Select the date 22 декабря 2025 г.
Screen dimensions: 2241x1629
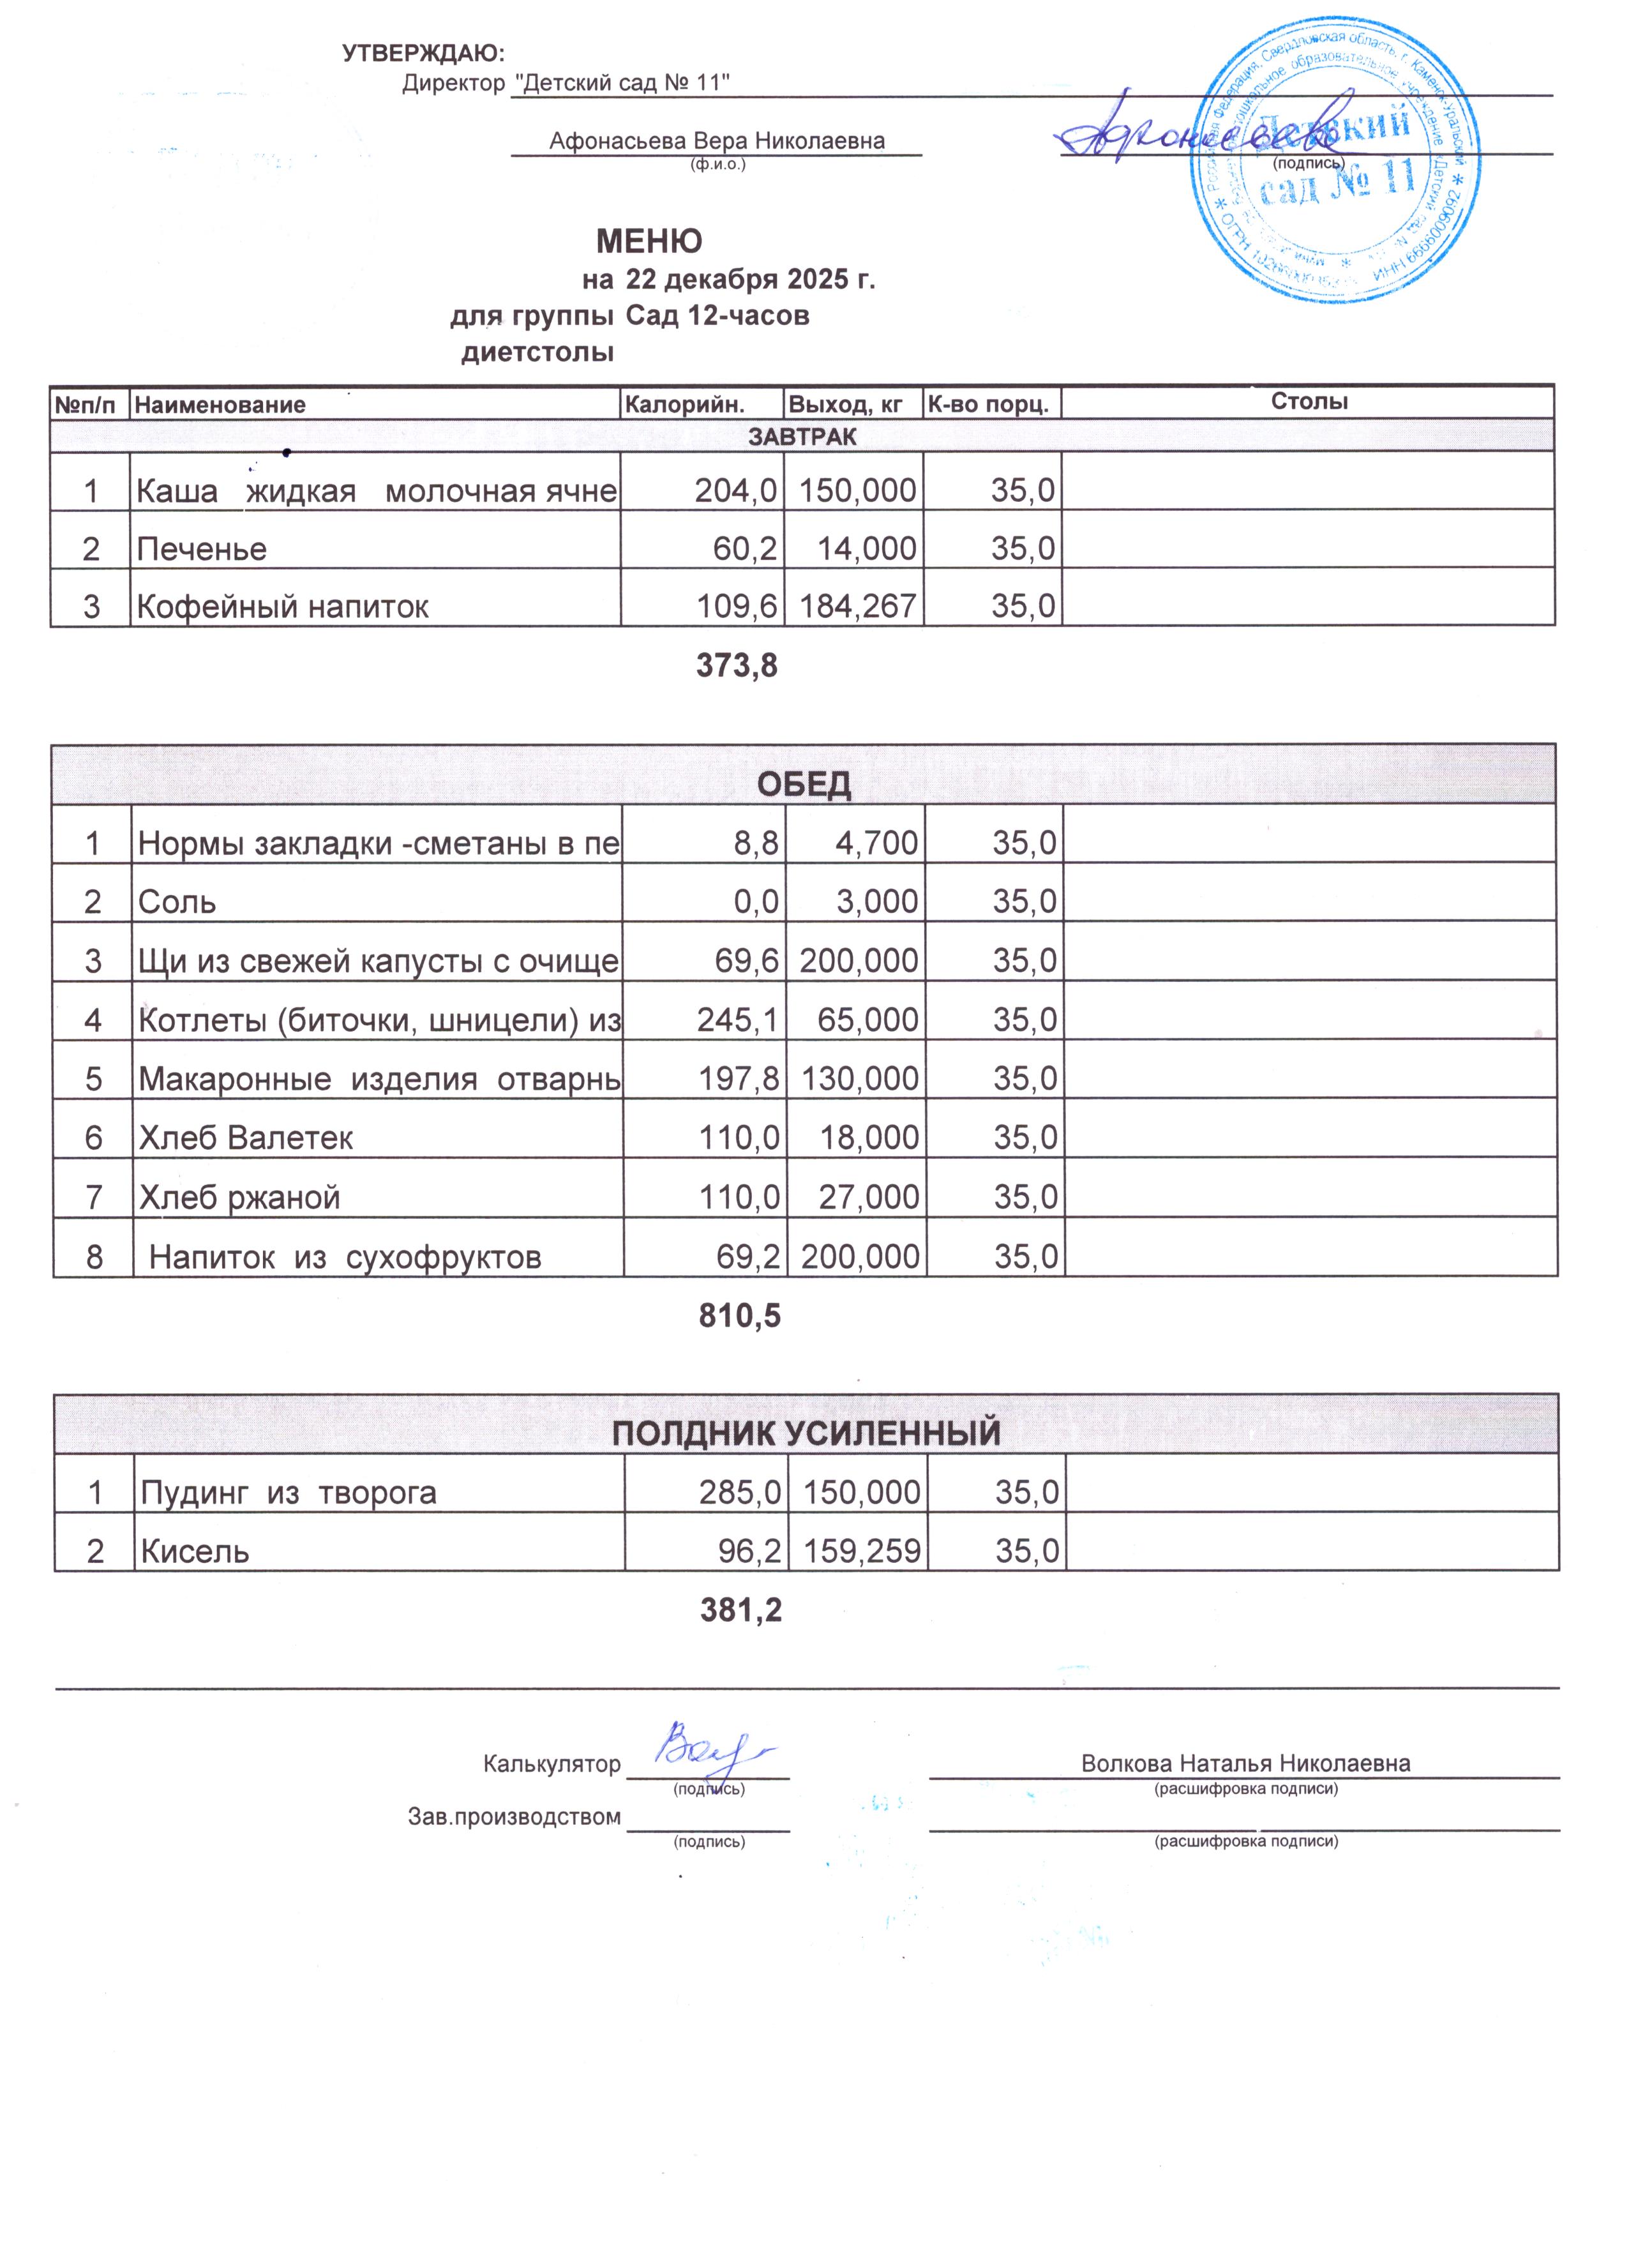click(x=751, y=280)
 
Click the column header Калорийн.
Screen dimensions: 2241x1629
click(x=684, y=404)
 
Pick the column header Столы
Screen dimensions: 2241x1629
click(x=1309, y=401)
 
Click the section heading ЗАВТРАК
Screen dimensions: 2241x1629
click(x=802, y=435)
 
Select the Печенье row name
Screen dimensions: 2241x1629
click(x=202, y=548)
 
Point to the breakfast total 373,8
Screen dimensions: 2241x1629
click(x=737, y=666)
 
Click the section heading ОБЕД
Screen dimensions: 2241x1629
click(x=803, y=785)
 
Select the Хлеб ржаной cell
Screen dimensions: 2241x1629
click(x=240, y=1198)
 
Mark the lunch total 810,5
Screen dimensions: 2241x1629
click(x=740, y=1315)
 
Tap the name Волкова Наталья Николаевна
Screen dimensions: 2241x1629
click(x=1246, y=1763)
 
